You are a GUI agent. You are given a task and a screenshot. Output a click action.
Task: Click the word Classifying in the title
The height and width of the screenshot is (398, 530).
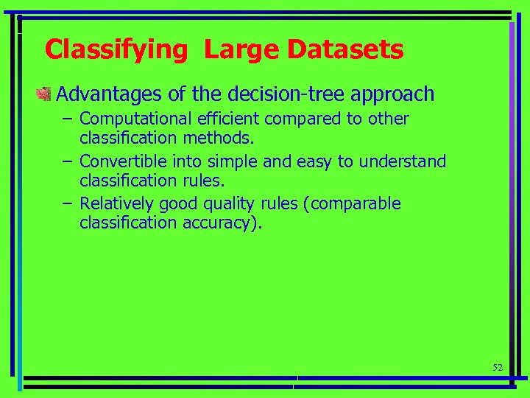click(x=116, y=50)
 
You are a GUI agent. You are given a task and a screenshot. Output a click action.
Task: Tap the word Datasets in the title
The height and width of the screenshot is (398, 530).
click(x=345, y=50)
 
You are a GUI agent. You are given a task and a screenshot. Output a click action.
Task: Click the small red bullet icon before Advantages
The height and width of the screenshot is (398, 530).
click(x=44, y=94)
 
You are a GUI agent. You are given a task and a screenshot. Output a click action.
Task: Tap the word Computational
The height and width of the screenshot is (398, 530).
click(x=133, y=119)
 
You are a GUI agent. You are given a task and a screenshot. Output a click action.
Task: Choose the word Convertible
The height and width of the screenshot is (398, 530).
click(x=124, y=161)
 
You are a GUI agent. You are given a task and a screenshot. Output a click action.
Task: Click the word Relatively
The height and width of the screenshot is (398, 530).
click(x=117, y=203)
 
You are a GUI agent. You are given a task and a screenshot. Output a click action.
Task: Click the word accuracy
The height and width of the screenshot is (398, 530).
click(x=222, y=222)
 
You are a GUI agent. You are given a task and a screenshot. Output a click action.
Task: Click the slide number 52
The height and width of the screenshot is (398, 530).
click(x=497, y=367)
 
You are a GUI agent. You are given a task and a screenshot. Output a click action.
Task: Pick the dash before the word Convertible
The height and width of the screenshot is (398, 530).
click(x=67, y=161)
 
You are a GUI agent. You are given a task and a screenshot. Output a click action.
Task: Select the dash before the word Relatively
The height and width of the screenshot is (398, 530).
click(x=67, y=203)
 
